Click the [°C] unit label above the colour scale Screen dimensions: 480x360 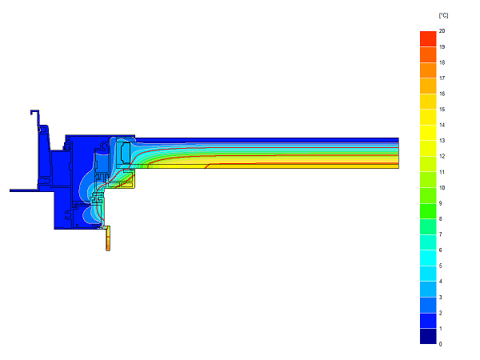point(443,15)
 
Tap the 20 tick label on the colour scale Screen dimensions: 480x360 point(442,31)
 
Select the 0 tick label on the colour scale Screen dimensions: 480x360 point(441,344)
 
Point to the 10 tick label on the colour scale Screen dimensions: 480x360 point(442,188)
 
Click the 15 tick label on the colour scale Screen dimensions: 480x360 point(442,110)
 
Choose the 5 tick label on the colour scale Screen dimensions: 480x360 point(441,266)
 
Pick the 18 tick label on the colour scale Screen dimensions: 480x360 point(442,62)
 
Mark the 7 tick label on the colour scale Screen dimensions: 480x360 point(441,234)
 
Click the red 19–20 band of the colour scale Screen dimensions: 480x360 point(428,39)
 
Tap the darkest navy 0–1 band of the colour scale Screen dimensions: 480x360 point(428,336)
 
